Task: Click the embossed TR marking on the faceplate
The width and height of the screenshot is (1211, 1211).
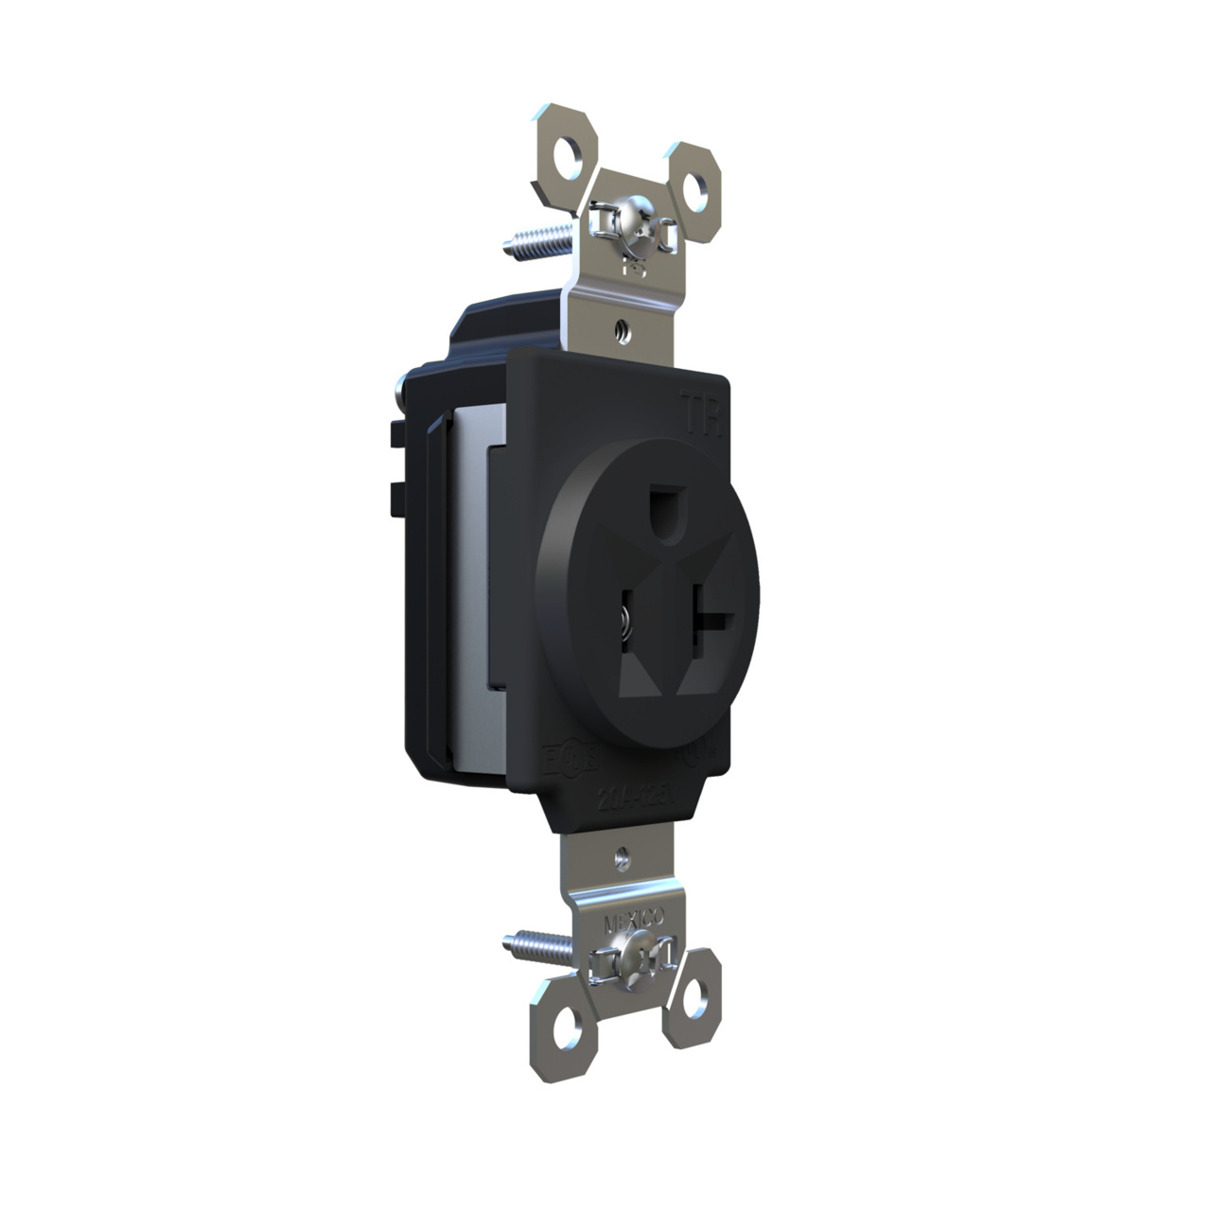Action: click(x=702, y=414)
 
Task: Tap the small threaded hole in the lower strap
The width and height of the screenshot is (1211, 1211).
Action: click(x=622, y=860)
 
